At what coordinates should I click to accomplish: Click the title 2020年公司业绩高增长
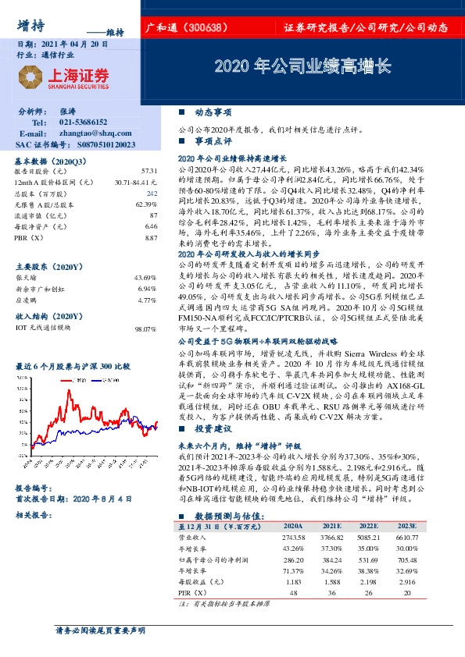(302, 66)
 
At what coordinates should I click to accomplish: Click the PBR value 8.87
(151, 236)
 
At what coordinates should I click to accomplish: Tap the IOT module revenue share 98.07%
(145, 330)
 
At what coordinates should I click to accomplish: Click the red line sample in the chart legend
(66, 379)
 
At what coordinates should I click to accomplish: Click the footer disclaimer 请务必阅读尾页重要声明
(101, 630)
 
